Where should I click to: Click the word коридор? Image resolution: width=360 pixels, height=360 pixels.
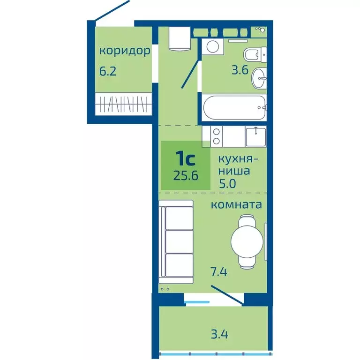pos(125,51)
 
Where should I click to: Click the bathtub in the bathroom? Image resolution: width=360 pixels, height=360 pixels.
pos(234,108)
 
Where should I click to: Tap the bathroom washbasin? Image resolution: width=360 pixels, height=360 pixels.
pos(259,78)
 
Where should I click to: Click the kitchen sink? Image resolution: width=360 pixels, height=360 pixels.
pos(256,137)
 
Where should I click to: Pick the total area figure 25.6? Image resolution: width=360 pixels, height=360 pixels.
pos(186,176)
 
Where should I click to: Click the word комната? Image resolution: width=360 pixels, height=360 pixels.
pos(236,205)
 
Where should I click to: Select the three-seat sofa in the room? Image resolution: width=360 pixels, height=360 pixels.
pos(176,241)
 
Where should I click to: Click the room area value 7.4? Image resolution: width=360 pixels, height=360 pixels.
pos(219,271)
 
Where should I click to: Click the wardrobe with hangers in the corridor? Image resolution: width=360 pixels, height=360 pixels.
pos(124,104)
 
